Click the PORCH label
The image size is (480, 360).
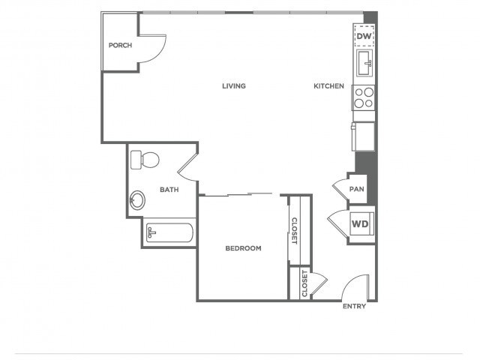tap(120, 46)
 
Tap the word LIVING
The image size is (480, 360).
tap(234, 85)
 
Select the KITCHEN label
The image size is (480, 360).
tap(328, 86)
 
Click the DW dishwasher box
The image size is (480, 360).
tap(364, 36)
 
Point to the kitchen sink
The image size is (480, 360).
tap(364, 62)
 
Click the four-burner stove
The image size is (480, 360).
tap(364, 97)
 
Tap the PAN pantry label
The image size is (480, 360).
tap(357, 189)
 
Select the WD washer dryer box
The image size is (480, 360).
tap(360, 223)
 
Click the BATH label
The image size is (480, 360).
tap(169, 190)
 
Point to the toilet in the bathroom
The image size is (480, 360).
tap(145, 160)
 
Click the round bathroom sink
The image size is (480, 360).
tap(139, 200)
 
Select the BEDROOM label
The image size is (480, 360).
tap(243, 248)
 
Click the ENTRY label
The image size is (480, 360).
tap(354, 307)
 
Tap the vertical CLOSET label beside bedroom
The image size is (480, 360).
tap(295, 231)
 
